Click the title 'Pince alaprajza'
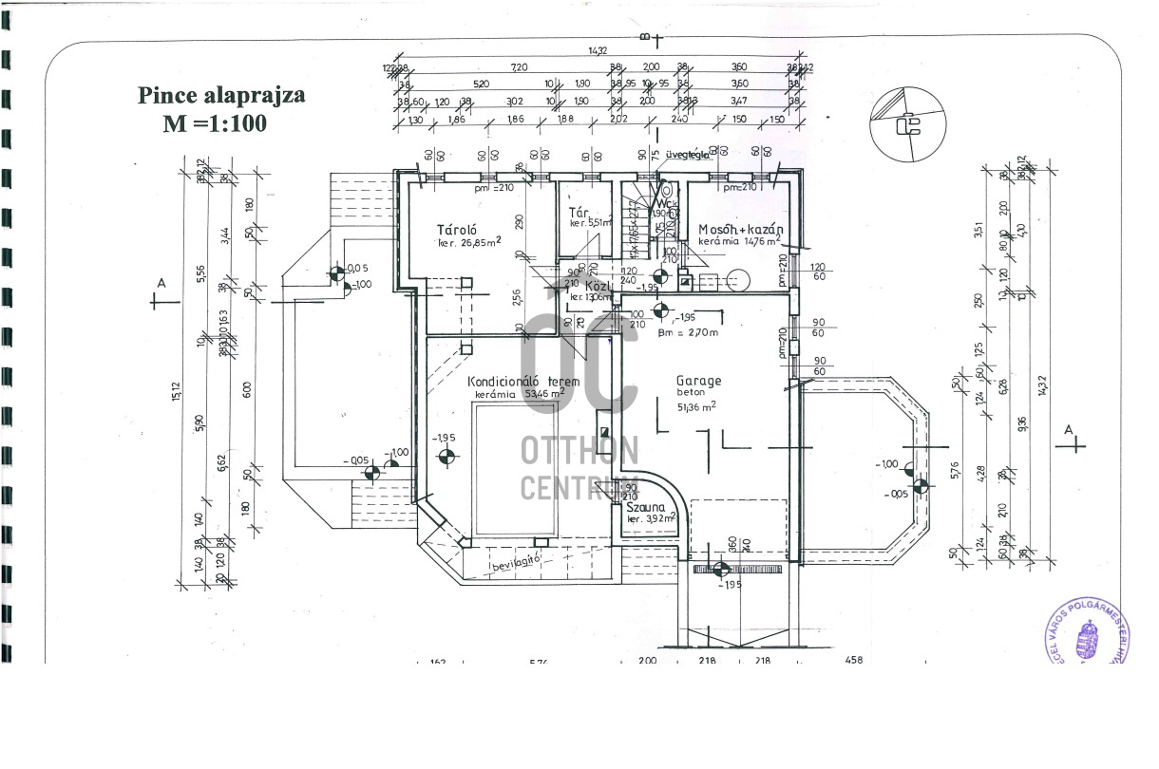pyautogui.click(x=221, y=96)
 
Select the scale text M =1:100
pyautogui.click(x=215, y=123)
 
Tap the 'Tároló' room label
pyautogui.click(x=456, y=230)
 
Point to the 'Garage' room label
pyautogui.click(x=698, y=381)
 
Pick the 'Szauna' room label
pyautogui.click(x=643, y=508)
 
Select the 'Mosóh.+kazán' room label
pyautogui.click(x=740, y=230)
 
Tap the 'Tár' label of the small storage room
pyautogui.click(x=579, y=212)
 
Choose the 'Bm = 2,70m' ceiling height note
pyautogui.click(x=688, y=332)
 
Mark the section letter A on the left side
pyautogui.click(x=161, y=283)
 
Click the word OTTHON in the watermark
pyautogui.click(x=579, y=450)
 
